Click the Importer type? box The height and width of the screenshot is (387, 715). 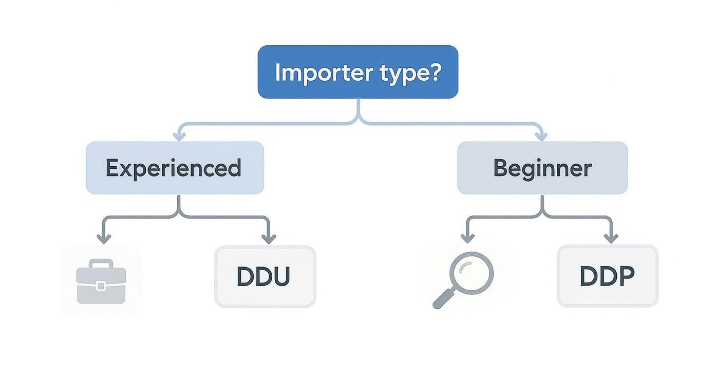coord(357,72)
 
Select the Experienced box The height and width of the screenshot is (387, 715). coord(175,168)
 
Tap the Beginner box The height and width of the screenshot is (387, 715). coord(542,168)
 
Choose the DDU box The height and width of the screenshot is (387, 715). coord(265,276)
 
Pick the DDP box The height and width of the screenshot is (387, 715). coord(607,276)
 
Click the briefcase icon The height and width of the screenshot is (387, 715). coord(101,282)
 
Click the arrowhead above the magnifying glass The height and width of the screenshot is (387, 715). coord(467,238)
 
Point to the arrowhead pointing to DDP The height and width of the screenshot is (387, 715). coord(611,238)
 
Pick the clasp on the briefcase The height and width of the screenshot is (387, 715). coord(101,286)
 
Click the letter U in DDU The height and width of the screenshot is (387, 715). coord(280,276)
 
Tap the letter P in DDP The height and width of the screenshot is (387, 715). coord(626,276)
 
